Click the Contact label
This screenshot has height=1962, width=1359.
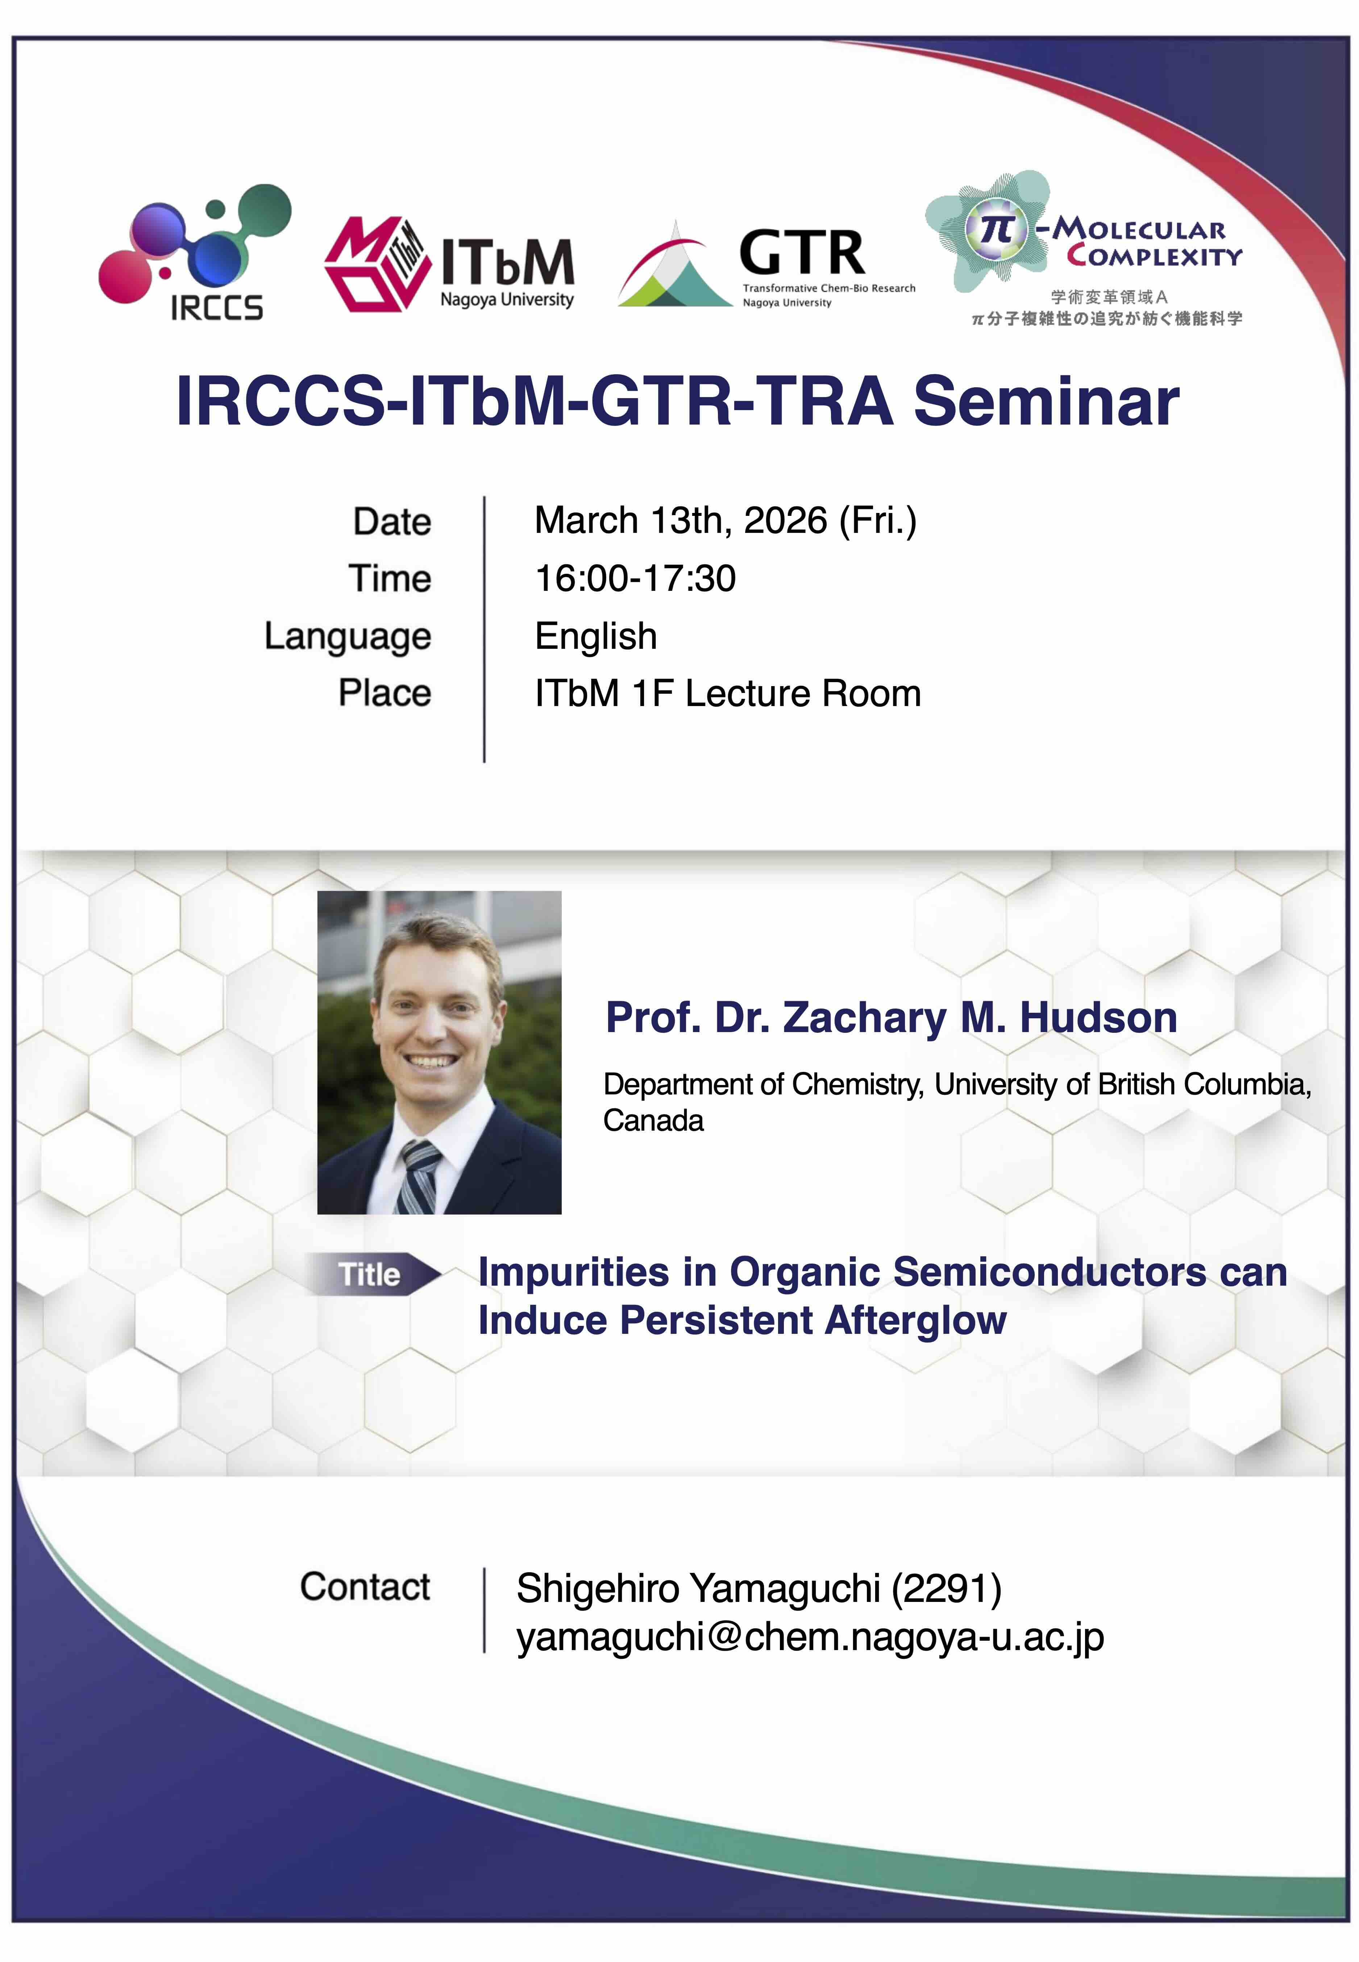[x=365, y=1587]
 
